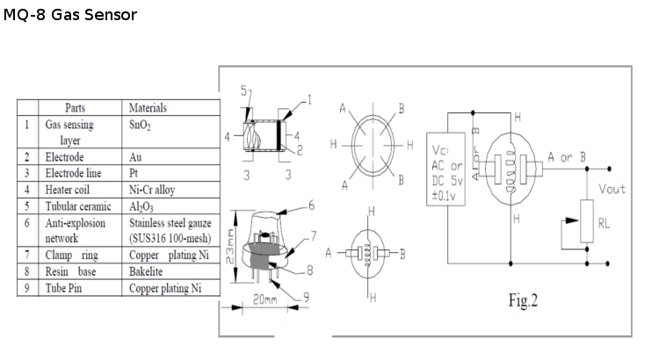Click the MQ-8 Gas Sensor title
(69, 16)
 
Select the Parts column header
(75, 107)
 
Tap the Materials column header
(148, 107)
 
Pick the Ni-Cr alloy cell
(153, 189)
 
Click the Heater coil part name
(70, 189)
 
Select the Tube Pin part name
(65, 288)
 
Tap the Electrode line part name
(74, 172)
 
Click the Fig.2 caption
(523, 301)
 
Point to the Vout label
(612, 189)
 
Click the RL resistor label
(604, 224)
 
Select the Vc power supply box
(445, 168)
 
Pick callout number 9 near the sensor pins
(306, 297)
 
